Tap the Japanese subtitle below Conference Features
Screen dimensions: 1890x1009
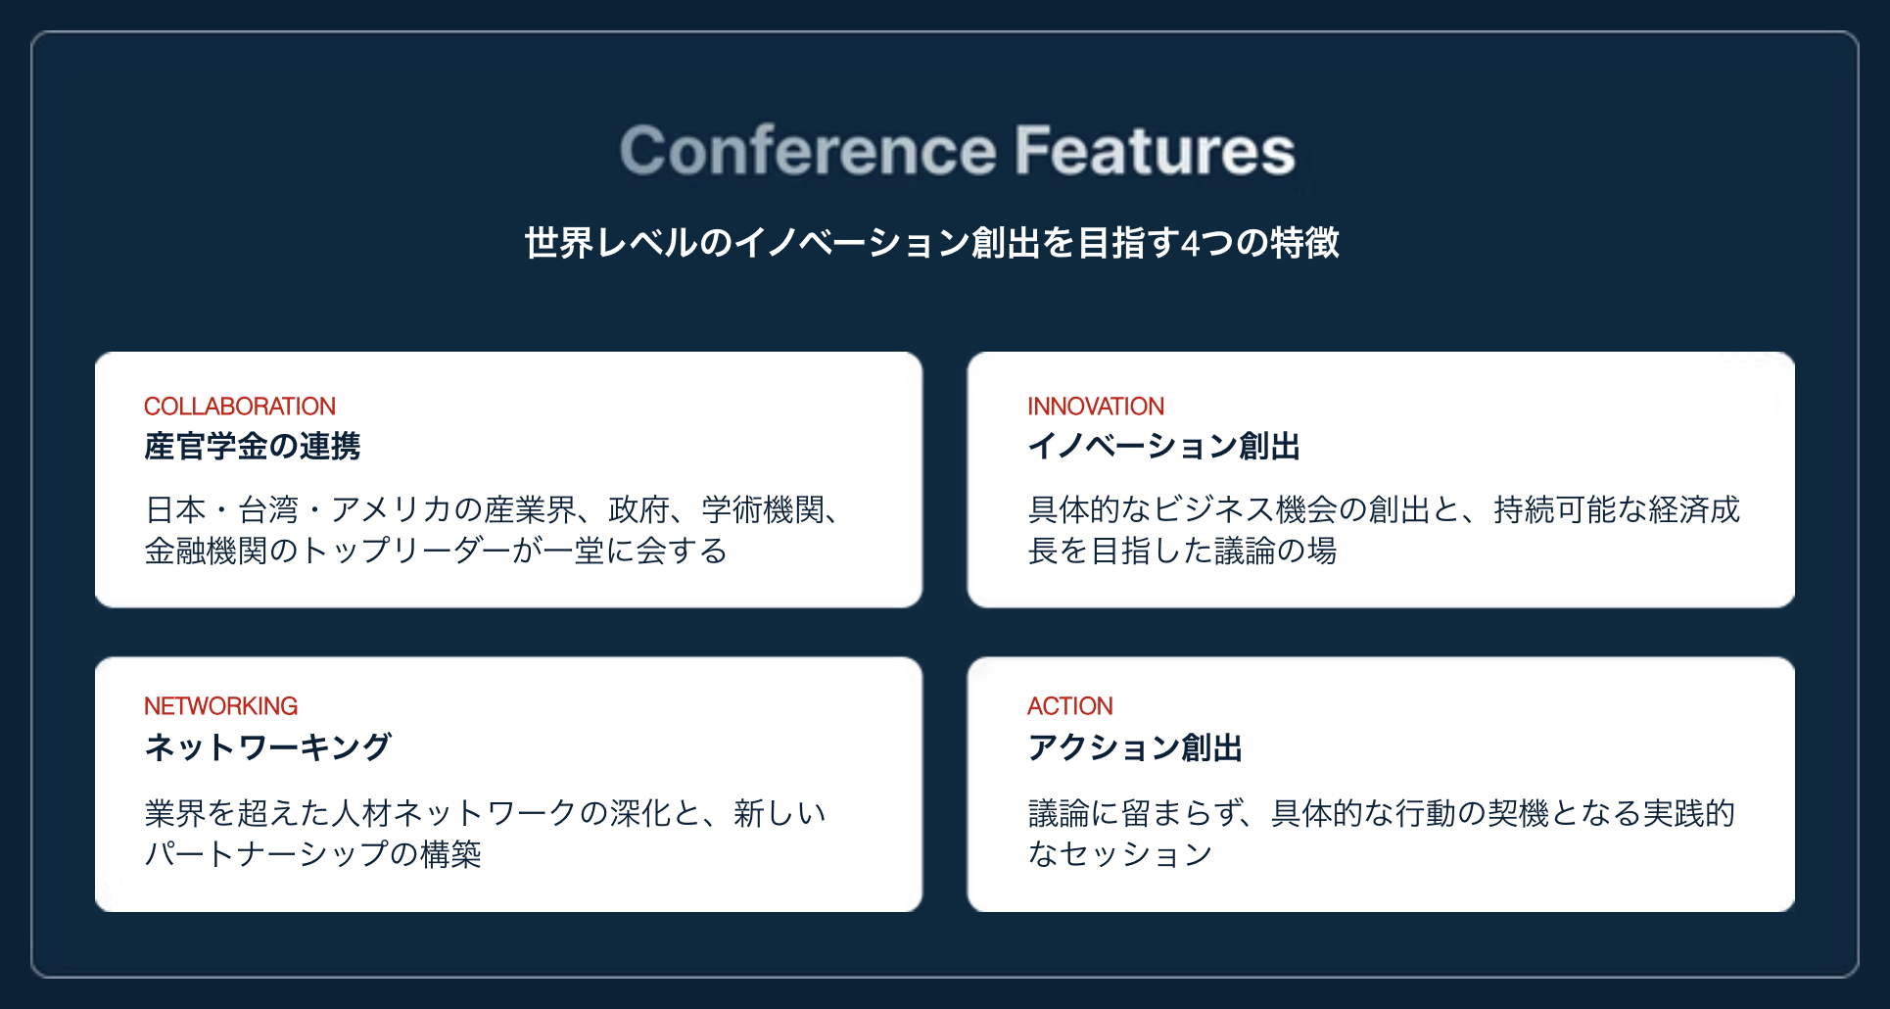931,243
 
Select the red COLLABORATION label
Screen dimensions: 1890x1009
240,406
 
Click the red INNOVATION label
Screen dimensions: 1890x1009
1096,406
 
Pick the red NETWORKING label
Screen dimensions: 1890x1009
221,705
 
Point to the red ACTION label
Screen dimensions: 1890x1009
1070,705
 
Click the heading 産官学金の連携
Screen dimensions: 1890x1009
253,447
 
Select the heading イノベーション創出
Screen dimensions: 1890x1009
1164,447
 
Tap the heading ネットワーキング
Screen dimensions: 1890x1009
268,747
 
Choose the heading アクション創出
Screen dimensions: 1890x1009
1135,747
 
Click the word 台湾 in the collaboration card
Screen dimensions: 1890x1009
268,509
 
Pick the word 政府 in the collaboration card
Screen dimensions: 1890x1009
638,509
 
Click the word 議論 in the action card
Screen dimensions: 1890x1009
1059,813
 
